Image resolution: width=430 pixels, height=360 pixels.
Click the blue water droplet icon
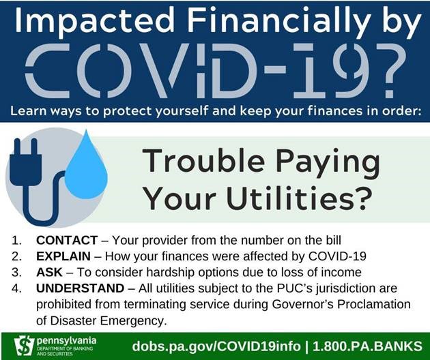[x=86, y=167]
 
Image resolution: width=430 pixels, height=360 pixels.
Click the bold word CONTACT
[x=67, y=240]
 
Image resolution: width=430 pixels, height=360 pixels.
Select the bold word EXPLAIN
[x=63, y=256]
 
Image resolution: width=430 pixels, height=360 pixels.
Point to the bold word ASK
[x=49, y=272]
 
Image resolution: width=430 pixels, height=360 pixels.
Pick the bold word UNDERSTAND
[x=81, y=288]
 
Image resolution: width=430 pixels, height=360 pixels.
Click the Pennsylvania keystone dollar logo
[x=24, y=346]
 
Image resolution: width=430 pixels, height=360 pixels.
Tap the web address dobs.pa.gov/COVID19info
[x=216, y=346]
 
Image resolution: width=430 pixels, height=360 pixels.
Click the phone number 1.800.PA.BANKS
[x=367, y=346]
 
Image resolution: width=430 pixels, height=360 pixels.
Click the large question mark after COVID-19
[x=387, y=71]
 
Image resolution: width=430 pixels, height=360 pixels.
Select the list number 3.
[x=16, y=272]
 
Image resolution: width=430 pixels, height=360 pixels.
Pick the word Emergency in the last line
[x=134, y=320]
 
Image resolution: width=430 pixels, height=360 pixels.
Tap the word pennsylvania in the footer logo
[x=66, y=340]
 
